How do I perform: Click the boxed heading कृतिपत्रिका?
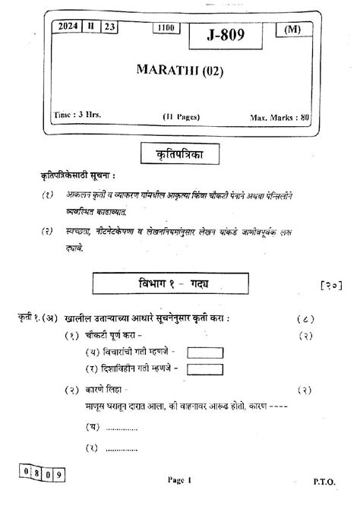tap(179, 154)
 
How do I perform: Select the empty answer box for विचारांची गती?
tap(205, 353)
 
